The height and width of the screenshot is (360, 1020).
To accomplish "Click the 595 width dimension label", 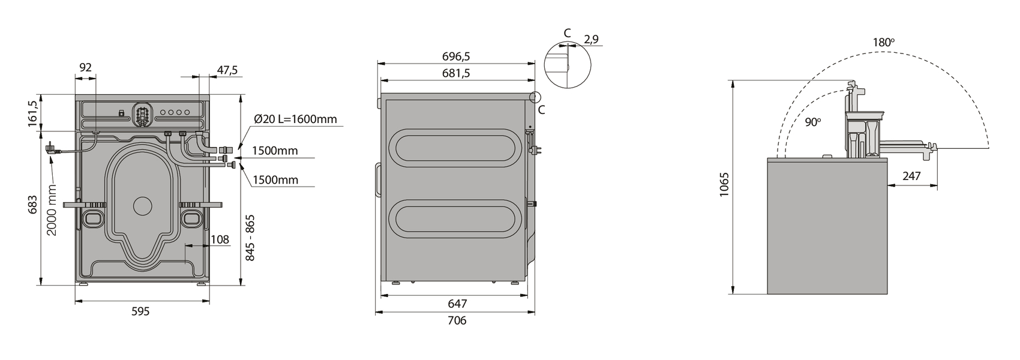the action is [x=141, y=312].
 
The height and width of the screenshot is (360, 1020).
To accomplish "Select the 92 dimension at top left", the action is [x=86, y=68].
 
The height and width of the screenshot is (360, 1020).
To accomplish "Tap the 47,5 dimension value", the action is [x=227, y=71].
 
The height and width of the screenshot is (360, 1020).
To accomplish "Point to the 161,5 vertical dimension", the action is [x=33, y=113].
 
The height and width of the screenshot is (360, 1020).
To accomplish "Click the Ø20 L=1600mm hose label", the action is [x=296, y=119].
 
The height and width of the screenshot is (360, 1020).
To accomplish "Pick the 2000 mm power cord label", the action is [x=52, y=210].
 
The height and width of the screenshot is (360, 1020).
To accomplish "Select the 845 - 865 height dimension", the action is [x=250, y=238].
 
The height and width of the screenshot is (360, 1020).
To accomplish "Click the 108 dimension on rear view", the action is [x=220, y=239].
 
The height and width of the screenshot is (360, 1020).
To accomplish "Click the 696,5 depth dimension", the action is [x=456, y=57].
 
